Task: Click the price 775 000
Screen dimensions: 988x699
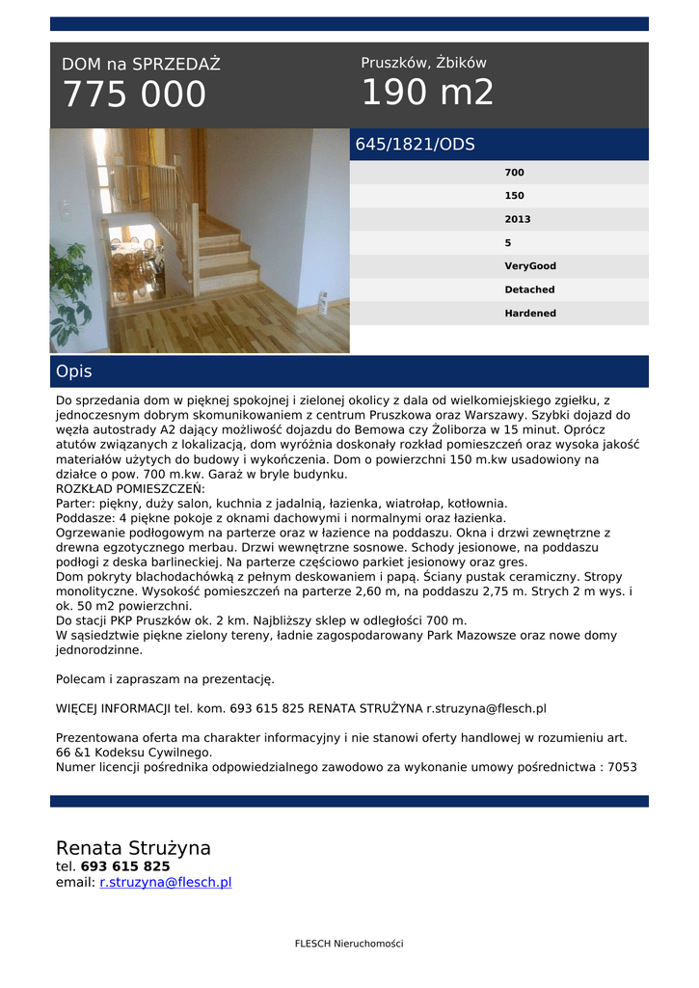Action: pos(134,95)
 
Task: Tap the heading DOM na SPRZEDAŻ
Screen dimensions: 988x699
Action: pos(141,65)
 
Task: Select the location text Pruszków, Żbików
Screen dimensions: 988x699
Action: pos(423,63)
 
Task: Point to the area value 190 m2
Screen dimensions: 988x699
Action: pos(427,93)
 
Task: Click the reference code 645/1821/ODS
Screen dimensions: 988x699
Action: pos(416,145)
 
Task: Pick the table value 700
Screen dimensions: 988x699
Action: pos(515,173)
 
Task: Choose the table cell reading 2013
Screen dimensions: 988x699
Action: pos(518,219)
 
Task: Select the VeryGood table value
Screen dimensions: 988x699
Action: pos(530,266)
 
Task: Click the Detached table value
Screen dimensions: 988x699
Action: pos(529,289)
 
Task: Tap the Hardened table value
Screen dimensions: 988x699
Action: pos(530,314)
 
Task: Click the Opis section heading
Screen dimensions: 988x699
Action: pos(74,371)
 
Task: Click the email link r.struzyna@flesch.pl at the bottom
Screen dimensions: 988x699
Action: pos(165,883)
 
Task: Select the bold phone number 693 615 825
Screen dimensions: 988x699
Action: pos(125,866)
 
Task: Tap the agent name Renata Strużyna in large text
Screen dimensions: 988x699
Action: pos(133,848)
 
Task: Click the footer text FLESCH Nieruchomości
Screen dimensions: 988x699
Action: pos(349,944)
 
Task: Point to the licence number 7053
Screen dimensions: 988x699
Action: pos(622,767)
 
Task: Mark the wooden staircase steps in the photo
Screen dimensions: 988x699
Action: pos(226,256)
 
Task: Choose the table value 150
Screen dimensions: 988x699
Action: pos(515,196)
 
